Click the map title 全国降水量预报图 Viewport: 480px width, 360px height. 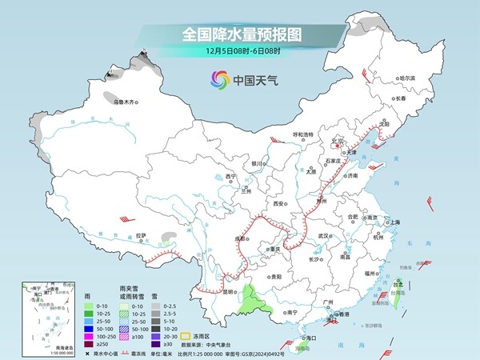point(239,34)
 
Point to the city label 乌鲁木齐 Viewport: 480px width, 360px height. point(125,102)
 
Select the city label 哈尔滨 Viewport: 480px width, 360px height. point(407,78)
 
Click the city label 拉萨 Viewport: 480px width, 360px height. point(141,235)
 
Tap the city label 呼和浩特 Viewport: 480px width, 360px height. point(306,134)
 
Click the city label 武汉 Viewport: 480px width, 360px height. point(323,236)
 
